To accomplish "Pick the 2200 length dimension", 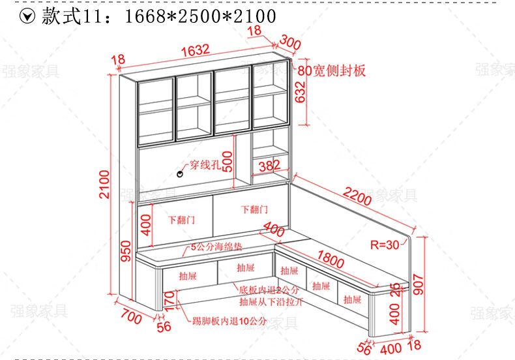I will (357, 196).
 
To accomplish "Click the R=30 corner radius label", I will (384, 246).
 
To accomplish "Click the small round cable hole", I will (181, 173).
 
